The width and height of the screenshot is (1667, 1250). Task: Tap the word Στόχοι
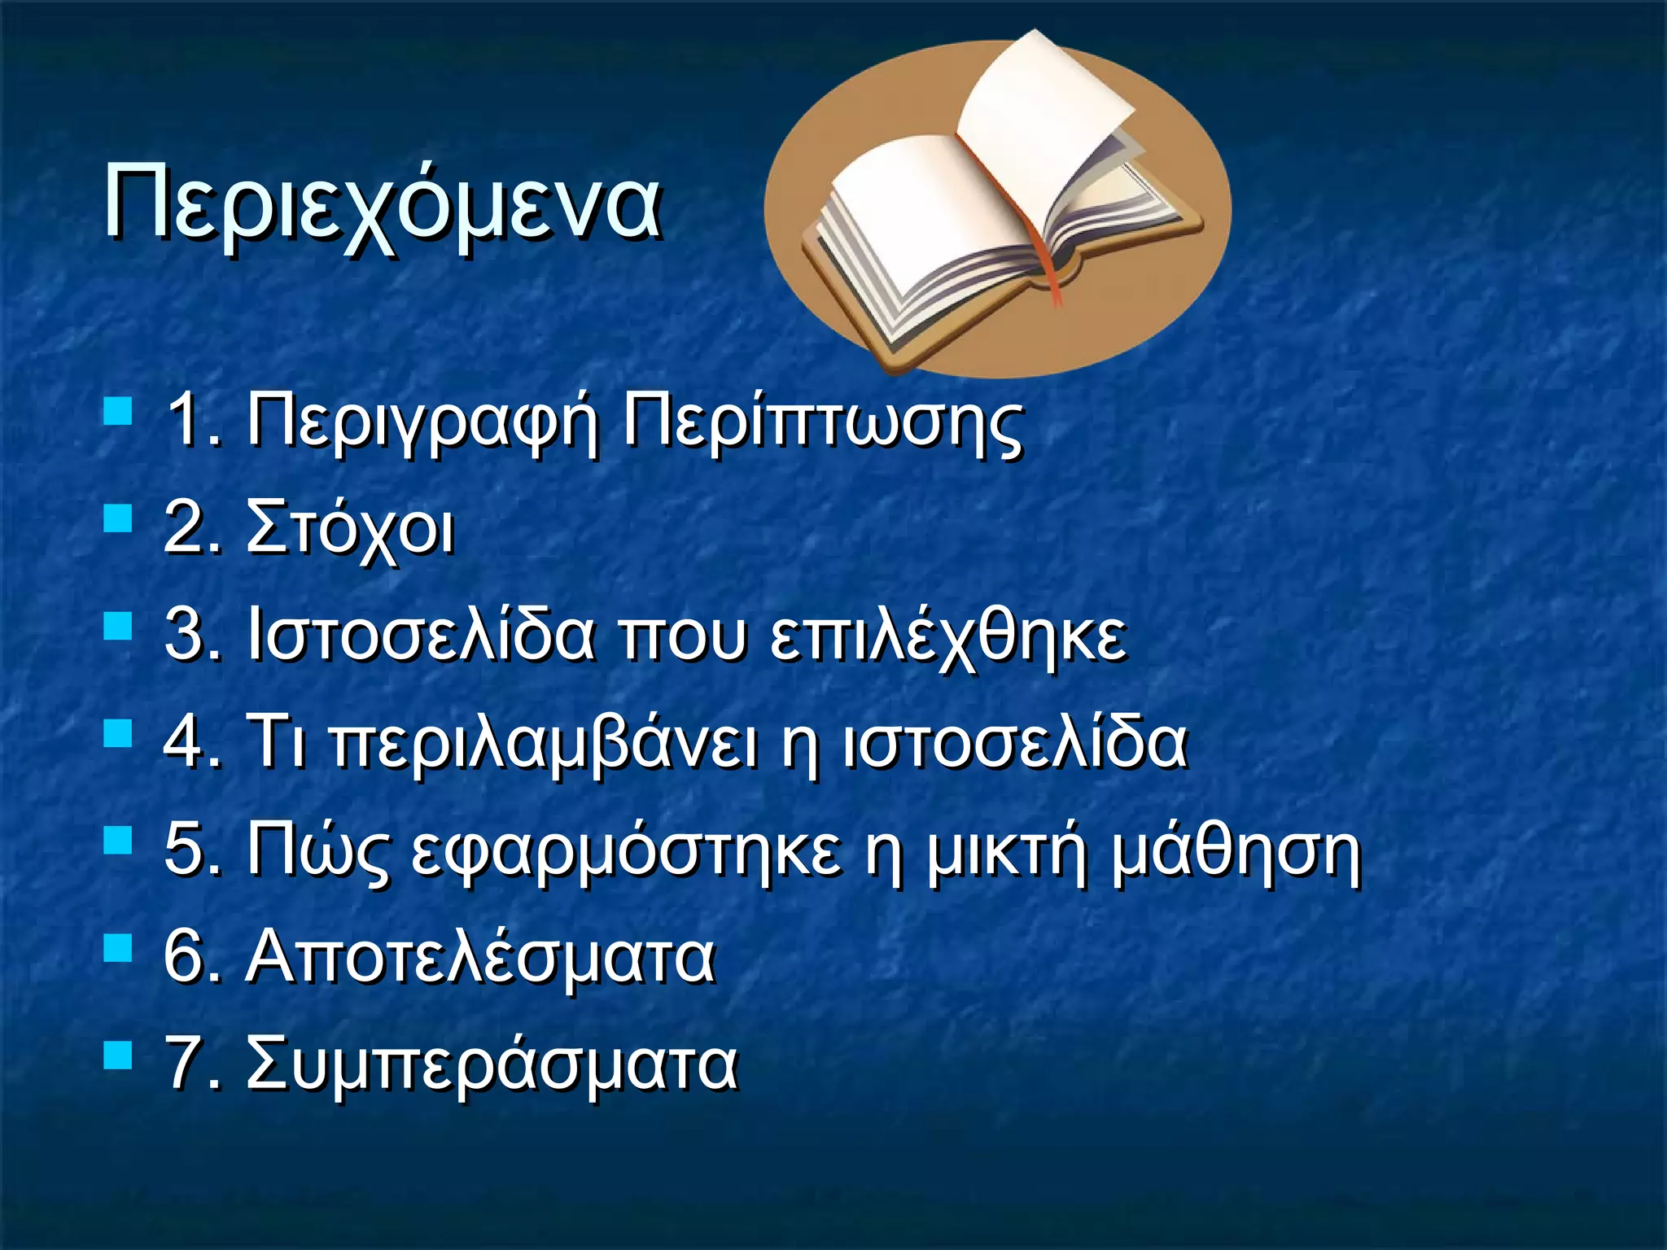coord(350,529)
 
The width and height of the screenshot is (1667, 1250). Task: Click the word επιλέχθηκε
coord(948,636)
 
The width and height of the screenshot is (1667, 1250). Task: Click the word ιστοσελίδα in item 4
coord(1014,742)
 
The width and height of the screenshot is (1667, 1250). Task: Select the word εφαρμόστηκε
coord(627,851)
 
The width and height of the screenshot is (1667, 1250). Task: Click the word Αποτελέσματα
coord(480,957)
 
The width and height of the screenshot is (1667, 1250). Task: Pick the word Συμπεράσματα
coord(492,1064)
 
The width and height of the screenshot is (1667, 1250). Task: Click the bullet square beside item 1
coord(118,411)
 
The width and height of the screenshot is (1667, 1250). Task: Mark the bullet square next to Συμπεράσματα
coord(118,1056)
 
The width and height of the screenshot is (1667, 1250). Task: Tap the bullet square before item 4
coord(118,732)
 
